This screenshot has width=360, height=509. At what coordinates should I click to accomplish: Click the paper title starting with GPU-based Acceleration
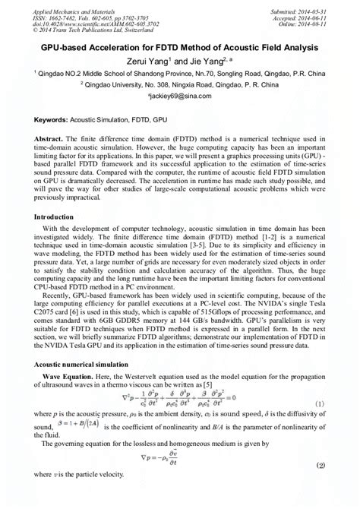coord(180,48)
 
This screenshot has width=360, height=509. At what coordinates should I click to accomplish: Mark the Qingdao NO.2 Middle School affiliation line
coord(180,74)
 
